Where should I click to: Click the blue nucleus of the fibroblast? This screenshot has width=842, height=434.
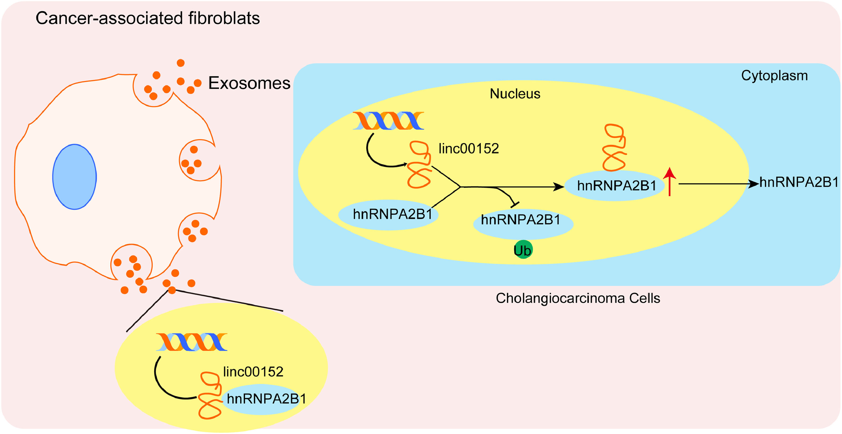tap(74, 177)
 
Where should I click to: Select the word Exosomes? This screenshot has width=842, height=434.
tap(249, 83)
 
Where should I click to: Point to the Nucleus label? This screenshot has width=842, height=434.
tap(515, 94)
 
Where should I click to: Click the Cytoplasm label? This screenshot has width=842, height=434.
tap(774, 76)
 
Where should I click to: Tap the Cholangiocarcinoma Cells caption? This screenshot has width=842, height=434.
tap(577, 298)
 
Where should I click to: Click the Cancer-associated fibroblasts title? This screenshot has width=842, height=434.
tap(147, 18)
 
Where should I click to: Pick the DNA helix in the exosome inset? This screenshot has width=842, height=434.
tap(191, 342)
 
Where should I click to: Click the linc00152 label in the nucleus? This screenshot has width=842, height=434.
tap(468, 148)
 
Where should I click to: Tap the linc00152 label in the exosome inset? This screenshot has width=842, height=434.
tap(253, 372)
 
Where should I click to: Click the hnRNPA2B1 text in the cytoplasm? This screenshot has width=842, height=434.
tap(799, 182)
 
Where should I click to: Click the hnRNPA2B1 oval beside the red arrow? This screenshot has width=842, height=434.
tap(614, 185)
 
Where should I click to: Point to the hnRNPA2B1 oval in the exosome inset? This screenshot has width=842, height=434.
tap(265, 399)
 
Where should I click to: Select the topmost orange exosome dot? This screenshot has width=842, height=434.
tap(181, 63)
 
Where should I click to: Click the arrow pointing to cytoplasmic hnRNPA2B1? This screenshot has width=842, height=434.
tap(719, 184)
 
